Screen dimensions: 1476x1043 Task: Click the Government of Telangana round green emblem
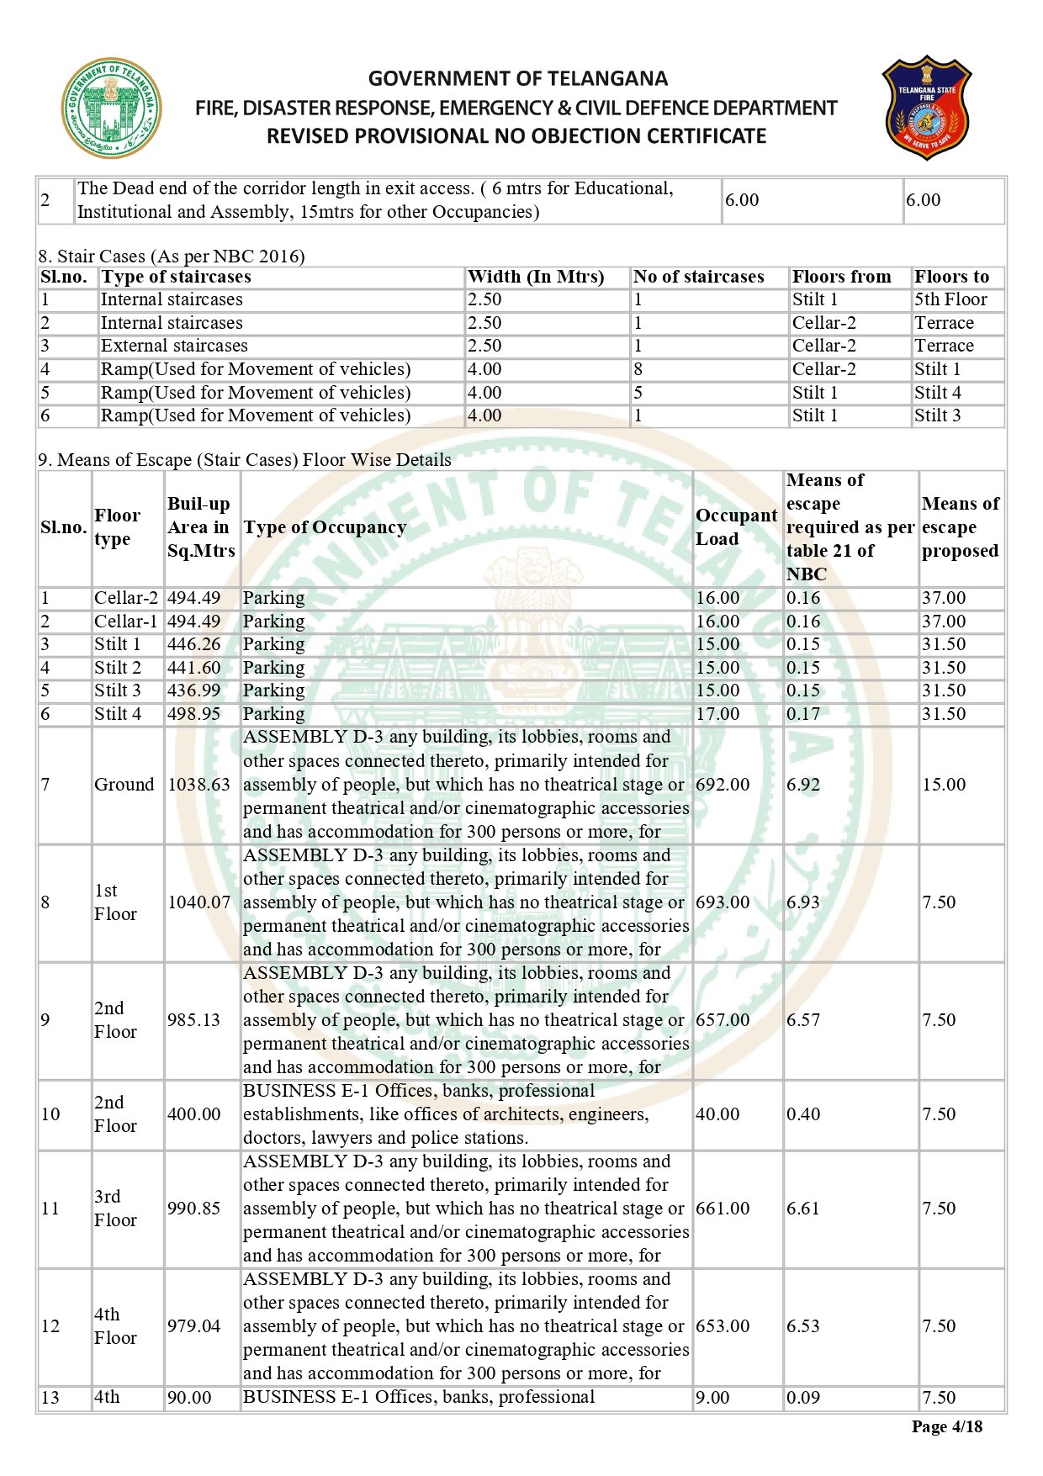pyautogui.click(x=110, y=108)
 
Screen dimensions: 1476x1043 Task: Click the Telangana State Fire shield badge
pyautogui.click(x=926, y=108)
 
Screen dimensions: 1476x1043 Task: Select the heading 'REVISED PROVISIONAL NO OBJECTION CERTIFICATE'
pyautogui.click(x=516, y=136)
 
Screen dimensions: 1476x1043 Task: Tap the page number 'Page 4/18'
pyautogui.click(x=946, y=1426)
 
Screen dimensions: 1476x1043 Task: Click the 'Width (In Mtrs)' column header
pyautogui.click(x=536, y=277)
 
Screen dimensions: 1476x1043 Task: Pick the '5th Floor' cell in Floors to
pyautogui.click(x=950, y=299)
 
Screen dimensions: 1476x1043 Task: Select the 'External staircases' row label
pyautogui.click(x=174, y=346)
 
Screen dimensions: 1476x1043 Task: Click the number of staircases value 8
pyautogui.click(x=638, y=369)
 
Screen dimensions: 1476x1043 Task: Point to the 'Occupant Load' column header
pyautogui.click(x=736, y=527)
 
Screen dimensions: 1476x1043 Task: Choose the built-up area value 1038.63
pyautogui.click(x=199, y=785)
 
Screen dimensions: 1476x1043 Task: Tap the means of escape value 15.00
pyautogui.click(x=944, y=785)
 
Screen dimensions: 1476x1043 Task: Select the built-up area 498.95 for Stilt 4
pyautogui.click(x=193, y=714)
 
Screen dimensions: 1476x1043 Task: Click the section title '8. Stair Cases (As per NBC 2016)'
pyautogui.click(x=172, y=257)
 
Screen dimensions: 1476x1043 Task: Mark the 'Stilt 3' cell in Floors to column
pyautogui.click(x=937, y=415)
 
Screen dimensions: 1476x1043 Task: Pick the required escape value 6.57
pyautogui.click(x=802, y=1020)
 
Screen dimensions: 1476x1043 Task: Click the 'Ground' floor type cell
pyautogui.click(x=124, y=785)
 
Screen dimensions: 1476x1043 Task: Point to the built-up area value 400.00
pyautogui.click(x=193, y=1114)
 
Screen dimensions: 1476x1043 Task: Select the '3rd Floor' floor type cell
pyautogui.click(x=115, y=1209)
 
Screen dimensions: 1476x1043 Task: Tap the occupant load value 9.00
pyautogui.click(x=712, y=1397)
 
